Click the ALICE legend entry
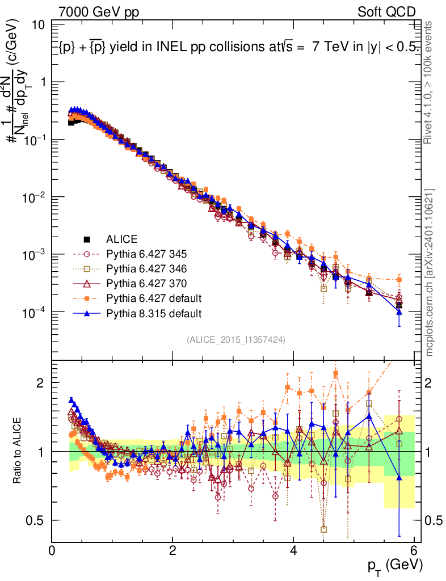coord(122,239)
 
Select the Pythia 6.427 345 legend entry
coord(138,254)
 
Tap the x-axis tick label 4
coord(293,550)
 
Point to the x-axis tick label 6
coord(414,550)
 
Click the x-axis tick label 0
coord(52,550)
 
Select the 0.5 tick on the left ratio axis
coord(39,520)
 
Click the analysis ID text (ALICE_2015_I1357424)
coord(235,339)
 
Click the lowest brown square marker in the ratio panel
coord(323,529)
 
